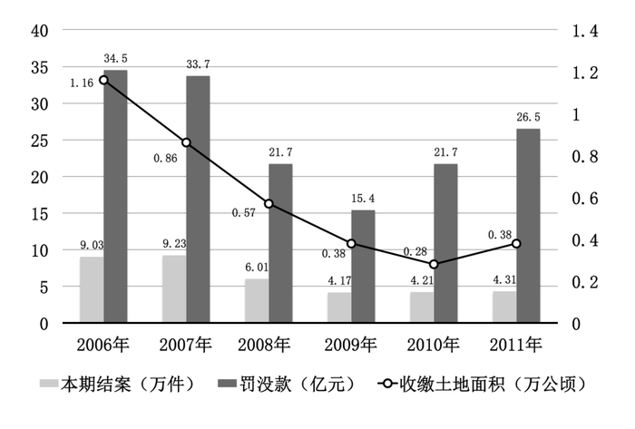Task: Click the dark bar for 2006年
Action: (115, 196)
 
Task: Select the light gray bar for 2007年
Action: (174, 288)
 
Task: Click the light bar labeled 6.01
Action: (257, 300)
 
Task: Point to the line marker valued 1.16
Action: (103, 80)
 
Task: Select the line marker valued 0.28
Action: (434, 264)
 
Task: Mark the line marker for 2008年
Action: (269, 203)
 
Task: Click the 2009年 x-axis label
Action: (351, 346)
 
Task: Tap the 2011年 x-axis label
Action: (516, 346)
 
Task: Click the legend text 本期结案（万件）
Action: (127, 385)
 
